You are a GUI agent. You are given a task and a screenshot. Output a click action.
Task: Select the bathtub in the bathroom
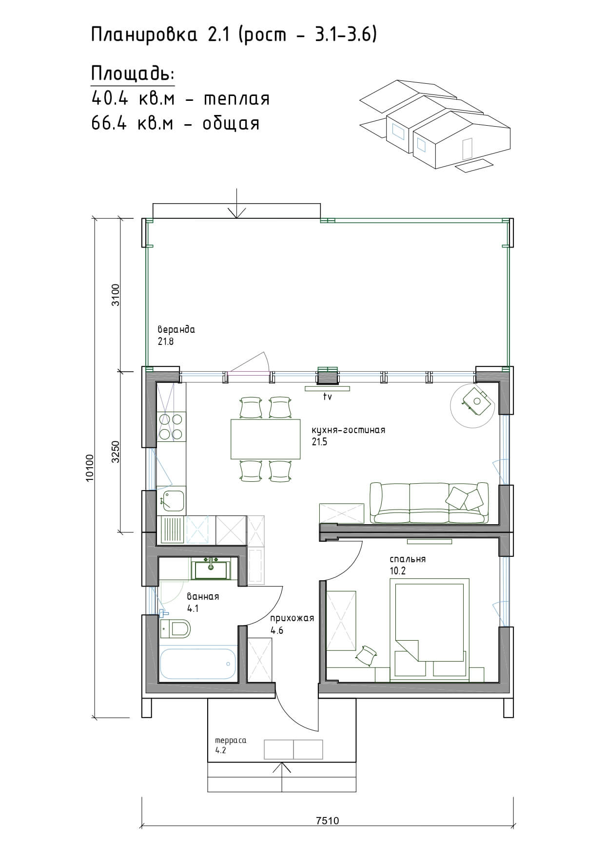pyautogui.click(x=198, y=664)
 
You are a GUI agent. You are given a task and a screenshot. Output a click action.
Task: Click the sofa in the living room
pyautogui.click(x=429, y=503)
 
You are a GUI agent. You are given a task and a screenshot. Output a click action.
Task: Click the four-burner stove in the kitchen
pyautogui.click(x=171, y=426)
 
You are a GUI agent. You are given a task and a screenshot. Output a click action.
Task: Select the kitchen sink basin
pyautogui.click(x=171, y=500)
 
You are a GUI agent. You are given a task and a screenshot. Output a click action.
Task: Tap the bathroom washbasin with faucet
pyautogui.click(x=211, y=569)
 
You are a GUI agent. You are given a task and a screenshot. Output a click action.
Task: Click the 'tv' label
pyautogui.click(x=327, y=397)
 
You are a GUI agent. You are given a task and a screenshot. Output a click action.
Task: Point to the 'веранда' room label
pyautogui.click(x=176, y=329)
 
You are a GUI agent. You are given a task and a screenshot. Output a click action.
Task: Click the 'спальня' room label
pyautogui.click(x=408, y=559)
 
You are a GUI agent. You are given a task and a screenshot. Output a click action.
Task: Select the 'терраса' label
pyautogui.click(x=231, y=741)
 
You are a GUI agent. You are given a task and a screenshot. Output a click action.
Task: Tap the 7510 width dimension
pyautogui.click(x=327, y=820)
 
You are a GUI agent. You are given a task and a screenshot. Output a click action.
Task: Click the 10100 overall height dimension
pyautogui.click(x=89, y=468)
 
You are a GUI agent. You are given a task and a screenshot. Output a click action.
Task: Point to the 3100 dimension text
pyautogui.click(x=116, y=295)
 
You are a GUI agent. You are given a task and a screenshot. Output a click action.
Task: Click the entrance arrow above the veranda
pyautogui.click(x=236, y=203)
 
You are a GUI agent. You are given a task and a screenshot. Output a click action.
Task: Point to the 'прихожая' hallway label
pyautogui.click(x=292, y=618)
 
